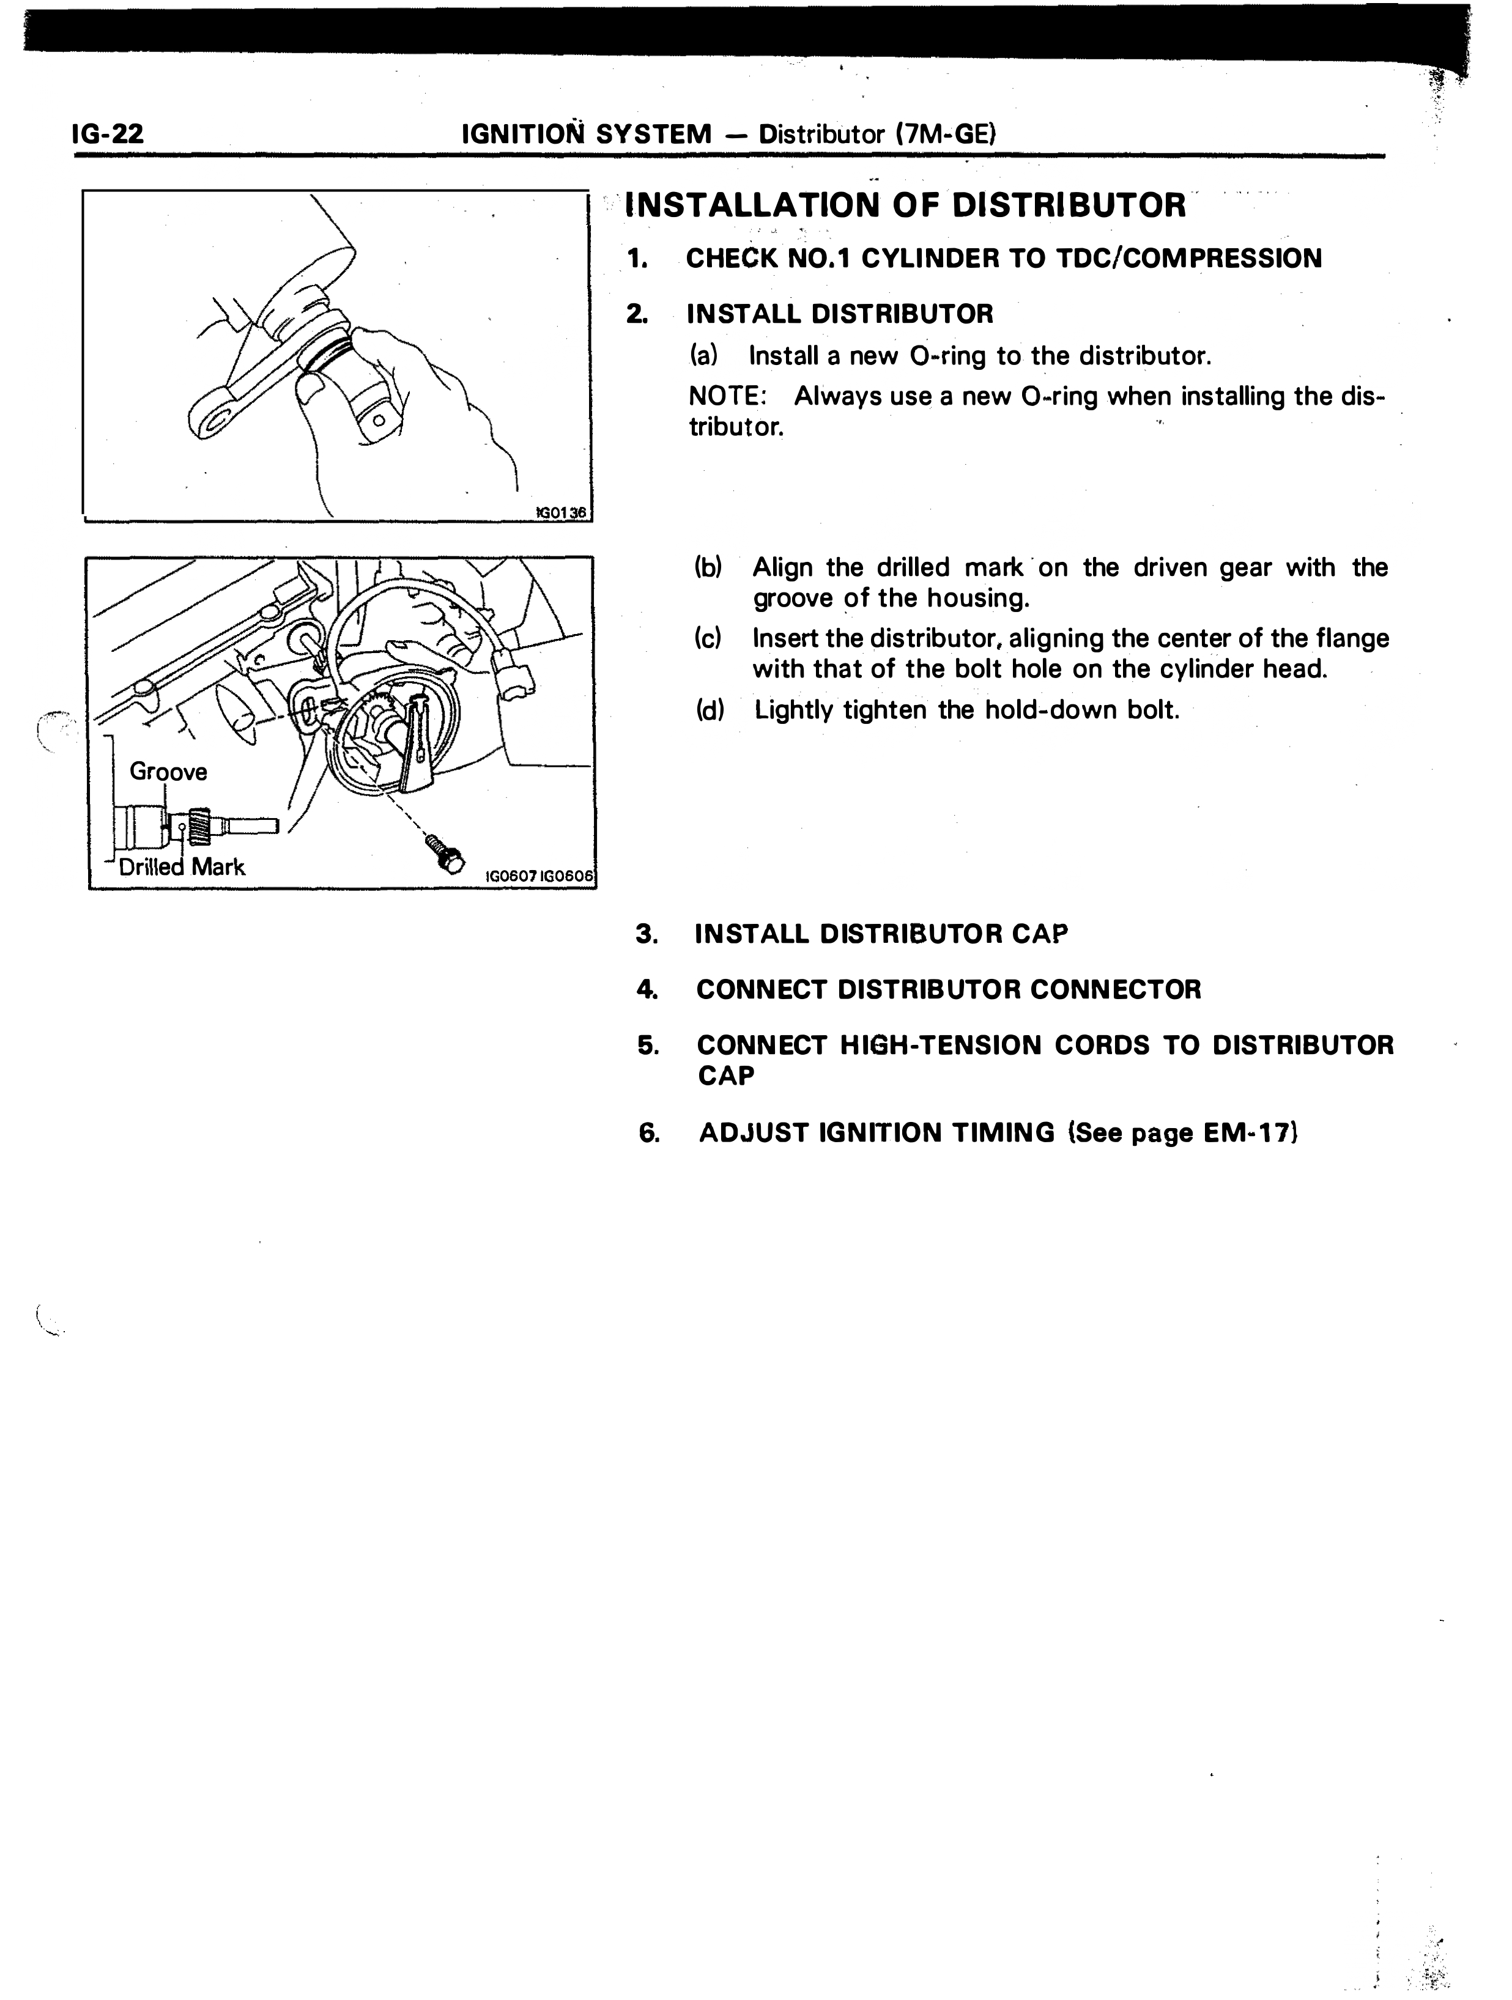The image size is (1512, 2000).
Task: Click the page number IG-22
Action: [108, 135]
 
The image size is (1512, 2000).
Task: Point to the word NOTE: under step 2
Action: [727, 396]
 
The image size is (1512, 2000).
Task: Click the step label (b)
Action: [708, 568]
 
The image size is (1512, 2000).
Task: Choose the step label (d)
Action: [710, 710]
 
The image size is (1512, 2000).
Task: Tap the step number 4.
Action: [647, 989]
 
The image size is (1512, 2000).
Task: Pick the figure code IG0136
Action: [561, 512]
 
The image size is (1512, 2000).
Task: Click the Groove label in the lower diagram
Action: [168, 771]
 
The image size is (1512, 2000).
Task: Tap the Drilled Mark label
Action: [182, 867]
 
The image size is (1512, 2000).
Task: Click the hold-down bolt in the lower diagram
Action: [442, 852]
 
